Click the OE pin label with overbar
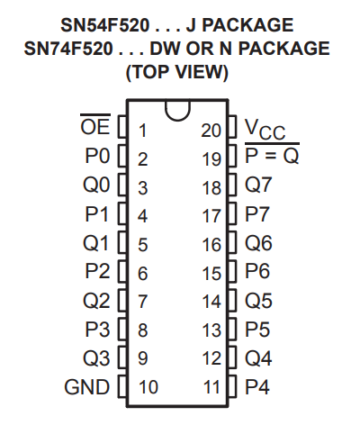95,124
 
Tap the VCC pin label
265,130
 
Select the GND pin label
86,387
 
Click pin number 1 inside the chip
143,131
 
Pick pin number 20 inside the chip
211,131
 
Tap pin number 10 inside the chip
148,387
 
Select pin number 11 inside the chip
212,387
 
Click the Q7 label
258,184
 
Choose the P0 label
97,156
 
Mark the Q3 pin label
96,358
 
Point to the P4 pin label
257,387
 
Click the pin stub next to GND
122,386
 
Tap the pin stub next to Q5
232,300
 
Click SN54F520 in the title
105,25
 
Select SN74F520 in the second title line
68,49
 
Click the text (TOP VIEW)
177,72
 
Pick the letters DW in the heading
166,49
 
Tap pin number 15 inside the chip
211,274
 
